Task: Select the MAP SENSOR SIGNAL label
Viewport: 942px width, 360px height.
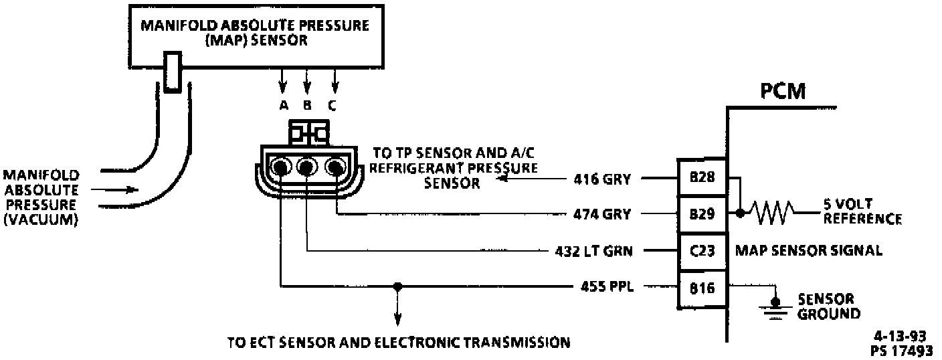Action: [x=808, y=252]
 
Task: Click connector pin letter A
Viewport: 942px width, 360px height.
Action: [x=283, y=104]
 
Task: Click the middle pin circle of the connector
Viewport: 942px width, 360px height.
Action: [x=307, y=167]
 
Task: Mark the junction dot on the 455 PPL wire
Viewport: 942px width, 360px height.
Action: [x=397, y=287]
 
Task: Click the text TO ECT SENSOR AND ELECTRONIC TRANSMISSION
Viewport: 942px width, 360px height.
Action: [x=399, y=343]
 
